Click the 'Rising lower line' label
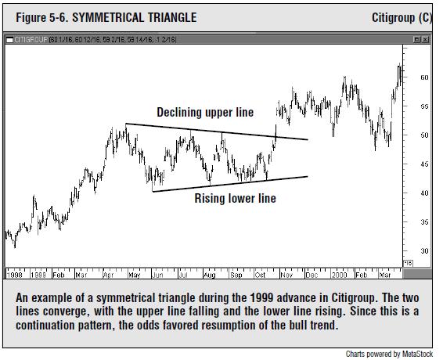(235, 199)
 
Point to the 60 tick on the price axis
(423, 77)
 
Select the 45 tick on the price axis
(423, 164)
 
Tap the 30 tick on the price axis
(423, 250)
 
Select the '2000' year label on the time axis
(338, 275)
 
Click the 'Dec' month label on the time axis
(312, 275)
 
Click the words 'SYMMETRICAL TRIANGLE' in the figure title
(134, 17)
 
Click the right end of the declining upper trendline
(308, 140)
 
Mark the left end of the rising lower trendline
(152, 191)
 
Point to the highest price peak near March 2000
(401, 65)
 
